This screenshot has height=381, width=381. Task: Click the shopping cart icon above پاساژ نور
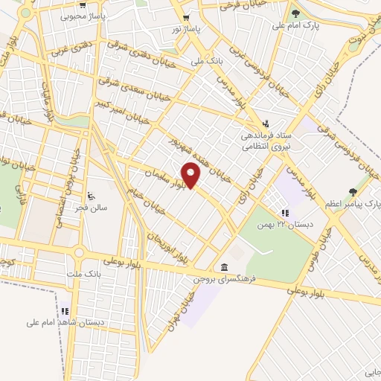(185, 17)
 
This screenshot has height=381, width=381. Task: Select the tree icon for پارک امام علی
(295, 13)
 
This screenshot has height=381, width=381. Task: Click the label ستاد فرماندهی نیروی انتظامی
(266, 142)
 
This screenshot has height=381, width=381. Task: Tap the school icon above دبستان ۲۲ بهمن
(284, 214)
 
